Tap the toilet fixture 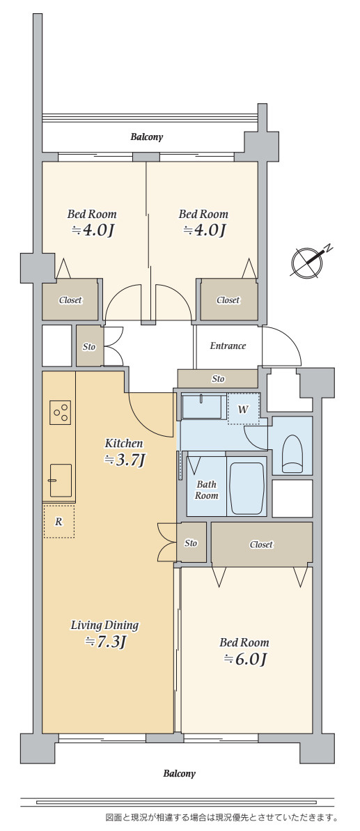[x=292, y=453]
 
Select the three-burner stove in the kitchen [x=61, y=412]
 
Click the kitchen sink [x=61, y=480]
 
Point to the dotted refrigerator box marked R [x=58, y=522]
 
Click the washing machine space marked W [x=244, y=409]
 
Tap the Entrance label [x=228, y=346]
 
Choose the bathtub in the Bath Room [x=246, y=486]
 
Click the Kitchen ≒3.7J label [x=124, y=451]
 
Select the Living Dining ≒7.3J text [x=105, y=633]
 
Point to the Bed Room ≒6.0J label [x=244, y=651]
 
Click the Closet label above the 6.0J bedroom [x=261, y=544]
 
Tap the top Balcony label [x=147, y=137]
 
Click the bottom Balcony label [x=179, y=773]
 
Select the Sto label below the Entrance [x=218, y=379]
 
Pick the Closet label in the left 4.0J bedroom [x=70, y=300]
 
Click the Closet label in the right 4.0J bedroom [x=228, y=300]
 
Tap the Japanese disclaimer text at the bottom [x=221, y=817]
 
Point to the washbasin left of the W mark [x=202, y=407]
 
